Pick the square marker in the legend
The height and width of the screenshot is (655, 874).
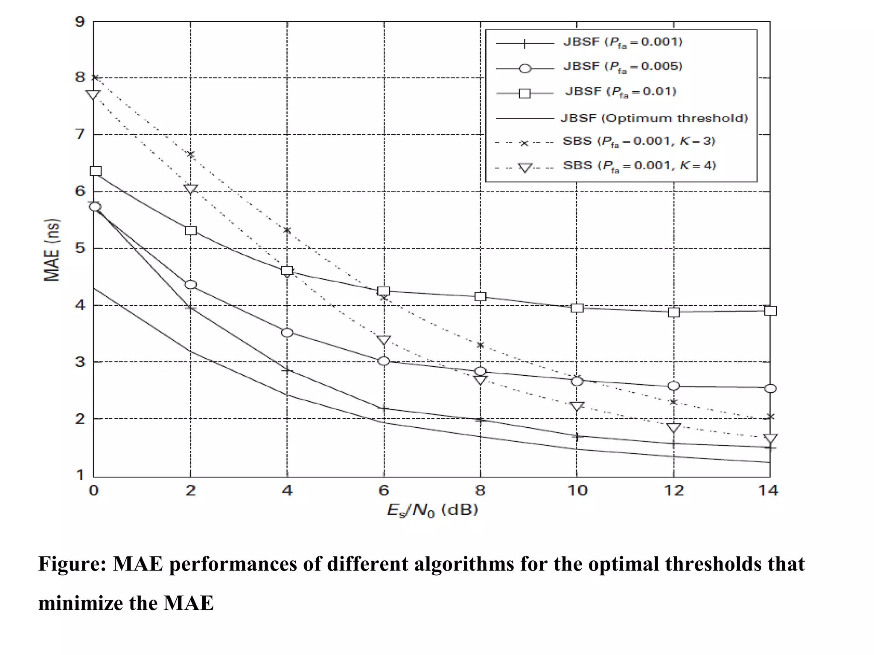click(524, 93)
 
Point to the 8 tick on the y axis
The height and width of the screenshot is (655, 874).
click(80, 78)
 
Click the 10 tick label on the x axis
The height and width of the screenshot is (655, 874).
click(577, 490)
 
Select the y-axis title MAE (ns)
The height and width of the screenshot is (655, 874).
click(52, 250)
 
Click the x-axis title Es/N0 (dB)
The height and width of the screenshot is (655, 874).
click(432, 510)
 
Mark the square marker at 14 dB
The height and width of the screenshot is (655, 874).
click(770, 310)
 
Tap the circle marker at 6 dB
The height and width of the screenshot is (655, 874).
click(384, 361)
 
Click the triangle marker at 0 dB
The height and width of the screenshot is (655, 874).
click(93, 95)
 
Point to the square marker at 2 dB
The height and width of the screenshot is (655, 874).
click(191, 231)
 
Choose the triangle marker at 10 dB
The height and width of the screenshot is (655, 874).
click(577, 406)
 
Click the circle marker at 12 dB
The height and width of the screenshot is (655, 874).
click(673, 386)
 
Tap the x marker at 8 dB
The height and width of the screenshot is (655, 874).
click(480, 345)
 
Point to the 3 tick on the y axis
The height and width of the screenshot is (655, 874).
click(80, 362)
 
